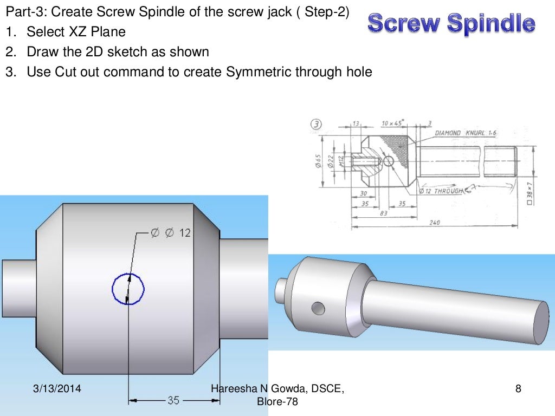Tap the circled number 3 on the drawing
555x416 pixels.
coord(315,123)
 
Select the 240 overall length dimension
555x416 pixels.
coord(434,222)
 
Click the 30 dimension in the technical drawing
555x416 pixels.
coord(363,193)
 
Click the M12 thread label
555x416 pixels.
coord(341,161)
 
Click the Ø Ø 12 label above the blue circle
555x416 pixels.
coord(170,233)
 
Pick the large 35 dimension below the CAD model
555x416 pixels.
coord(173,401)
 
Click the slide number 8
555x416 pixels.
coord(518,388)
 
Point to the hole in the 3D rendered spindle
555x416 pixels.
coord(318,308)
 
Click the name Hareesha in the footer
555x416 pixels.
coord(231,388)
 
